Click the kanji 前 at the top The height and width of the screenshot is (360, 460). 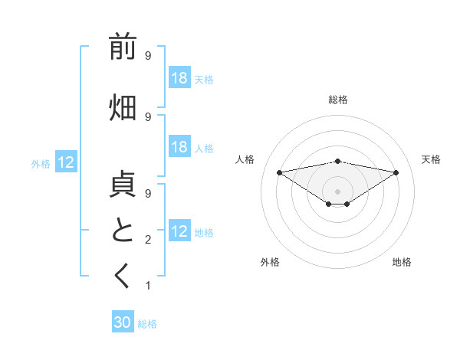click(x=123, y=47)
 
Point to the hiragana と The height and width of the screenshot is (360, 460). click(x=123, y=230)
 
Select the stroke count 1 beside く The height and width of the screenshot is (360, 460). click(x=148, y=286)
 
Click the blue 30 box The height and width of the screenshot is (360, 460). click(x=123, y=322)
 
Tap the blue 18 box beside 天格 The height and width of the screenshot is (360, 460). click(x=179, y=78)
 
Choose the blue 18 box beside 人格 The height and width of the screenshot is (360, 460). click(x=179, y=147)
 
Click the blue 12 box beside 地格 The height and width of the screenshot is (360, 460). click(x=179, y=231)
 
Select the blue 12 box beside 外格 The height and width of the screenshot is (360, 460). click(x=66, y=162)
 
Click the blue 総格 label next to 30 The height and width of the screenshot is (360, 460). click(x=147, y=324)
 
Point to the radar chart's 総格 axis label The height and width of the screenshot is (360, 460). click(x=337, y=100)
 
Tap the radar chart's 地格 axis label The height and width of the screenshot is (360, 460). click(x=402, y=262)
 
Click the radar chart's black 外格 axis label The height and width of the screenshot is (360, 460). click(x=270, y=262)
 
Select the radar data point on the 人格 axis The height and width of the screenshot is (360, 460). click(x=279, y=172)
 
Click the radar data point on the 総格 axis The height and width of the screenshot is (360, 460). click(x=337, y=161)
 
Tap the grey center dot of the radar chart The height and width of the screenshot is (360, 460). click(x=337, y=190)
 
